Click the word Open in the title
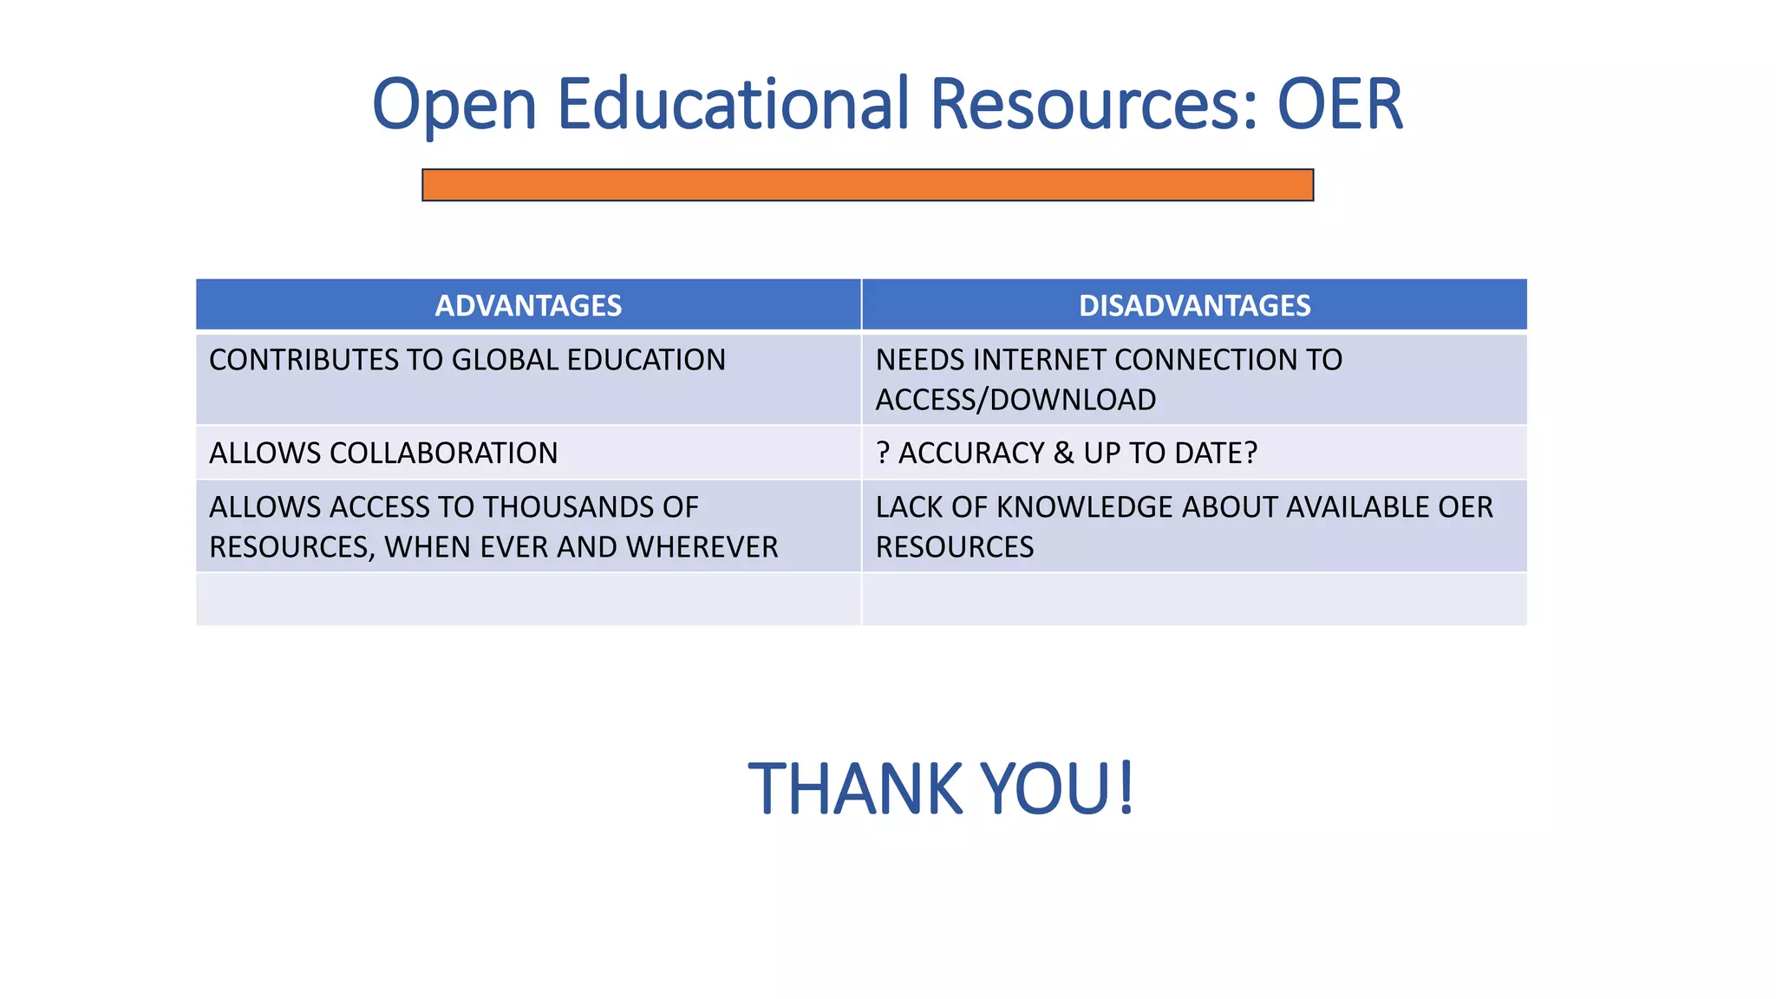454,106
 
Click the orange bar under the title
867,185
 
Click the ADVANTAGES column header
528,305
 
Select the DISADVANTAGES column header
1194,305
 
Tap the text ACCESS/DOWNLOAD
1015,400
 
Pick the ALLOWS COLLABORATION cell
383,453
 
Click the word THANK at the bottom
855,789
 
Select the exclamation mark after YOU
1126,787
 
